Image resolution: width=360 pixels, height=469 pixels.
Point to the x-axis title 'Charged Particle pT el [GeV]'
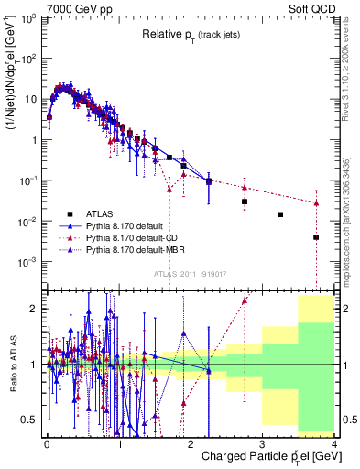(265, 457)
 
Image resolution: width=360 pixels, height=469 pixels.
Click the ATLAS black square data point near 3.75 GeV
(316, 237)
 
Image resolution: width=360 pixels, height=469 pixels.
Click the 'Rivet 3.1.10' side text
(352, 73)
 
